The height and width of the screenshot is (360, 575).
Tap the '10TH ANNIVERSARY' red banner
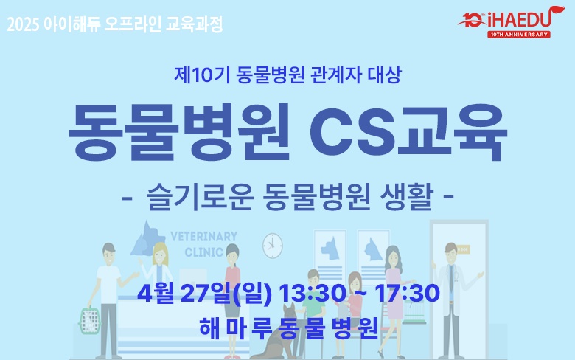tap(518, 34)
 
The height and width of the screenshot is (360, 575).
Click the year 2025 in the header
tap(23, 24)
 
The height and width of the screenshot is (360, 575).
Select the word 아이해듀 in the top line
tap(73, 24)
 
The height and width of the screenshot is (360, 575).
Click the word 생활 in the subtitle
tap(404, 198)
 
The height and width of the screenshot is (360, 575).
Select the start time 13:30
tap(303, 293)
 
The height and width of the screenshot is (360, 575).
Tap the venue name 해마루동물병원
tap(288, 327)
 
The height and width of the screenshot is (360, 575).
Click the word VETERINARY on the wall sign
tap(204, 237)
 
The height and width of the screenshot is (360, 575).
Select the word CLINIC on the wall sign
tap(204, 251)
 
